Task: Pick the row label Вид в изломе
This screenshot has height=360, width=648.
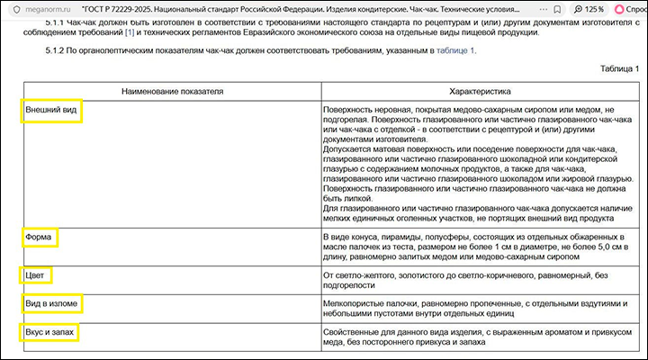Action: click(51, 304)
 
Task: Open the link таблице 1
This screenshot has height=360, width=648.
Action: click(455, 50)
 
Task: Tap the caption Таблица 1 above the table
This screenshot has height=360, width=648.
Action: click(619, 68)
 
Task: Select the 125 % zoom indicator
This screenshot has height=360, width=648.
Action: click(566, 8)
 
